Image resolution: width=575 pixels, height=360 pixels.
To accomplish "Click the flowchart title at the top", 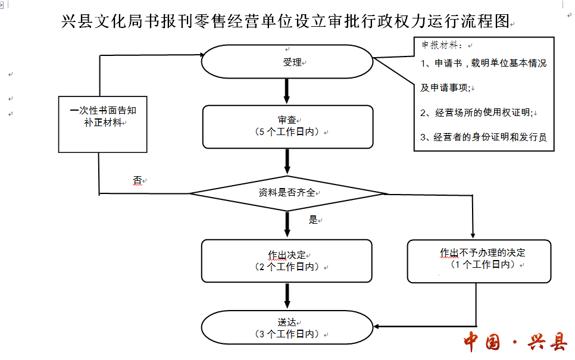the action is click(x=285, y=21).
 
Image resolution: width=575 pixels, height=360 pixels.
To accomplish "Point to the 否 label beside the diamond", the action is click(x=137, y=180).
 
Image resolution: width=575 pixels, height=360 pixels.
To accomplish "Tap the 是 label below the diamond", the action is click(x=313, y=220).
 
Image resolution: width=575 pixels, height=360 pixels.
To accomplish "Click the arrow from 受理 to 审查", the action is click(x=287, y=91).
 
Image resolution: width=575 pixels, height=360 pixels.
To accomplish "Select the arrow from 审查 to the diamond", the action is click(x=287, y=161).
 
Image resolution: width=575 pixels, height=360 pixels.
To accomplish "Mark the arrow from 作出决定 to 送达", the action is click(x=287, y=296).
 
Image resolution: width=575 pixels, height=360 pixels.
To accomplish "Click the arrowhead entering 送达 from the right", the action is click(x=376, y=326).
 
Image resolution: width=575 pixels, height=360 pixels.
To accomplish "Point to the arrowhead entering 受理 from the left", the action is click(x=202, y=55).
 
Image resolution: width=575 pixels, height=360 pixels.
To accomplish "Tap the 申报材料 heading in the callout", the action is click(x=439, y=45).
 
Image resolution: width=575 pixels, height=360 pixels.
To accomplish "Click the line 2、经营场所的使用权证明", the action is click(x=476, y=112).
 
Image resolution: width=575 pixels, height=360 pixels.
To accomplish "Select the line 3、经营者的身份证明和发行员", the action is click(x=483, y=137).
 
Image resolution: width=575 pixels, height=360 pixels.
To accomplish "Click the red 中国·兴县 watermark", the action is click(x=515, y=342).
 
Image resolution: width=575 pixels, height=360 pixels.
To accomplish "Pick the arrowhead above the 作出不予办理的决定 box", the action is click(x=473, y=236).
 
